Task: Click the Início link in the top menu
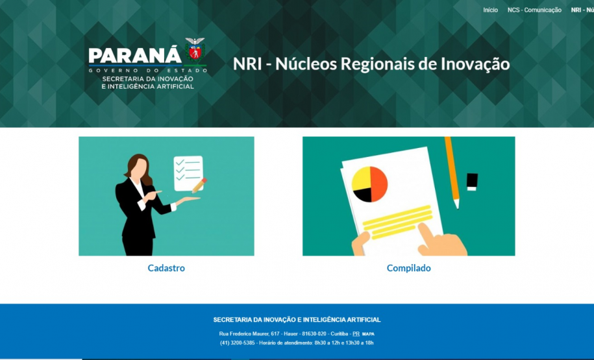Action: tap(490, 10)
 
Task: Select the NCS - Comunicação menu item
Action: tap(534, 10)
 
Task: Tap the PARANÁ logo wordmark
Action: tap(135, 56)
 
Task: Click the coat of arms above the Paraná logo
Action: tap(195, 48)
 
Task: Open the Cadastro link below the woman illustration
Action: tap(166, 268)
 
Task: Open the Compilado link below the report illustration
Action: tap(408, 268)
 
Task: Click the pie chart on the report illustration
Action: tap(369, 184)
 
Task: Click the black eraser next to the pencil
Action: tap(472, 182)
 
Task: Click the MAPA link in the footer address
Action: tap(368, 334)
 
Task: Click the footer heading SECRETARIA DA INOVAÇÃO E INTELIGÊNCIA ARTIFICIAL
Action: tap(297, 320)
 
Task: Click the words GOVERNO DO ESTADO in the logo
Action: tap(148, 69)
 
